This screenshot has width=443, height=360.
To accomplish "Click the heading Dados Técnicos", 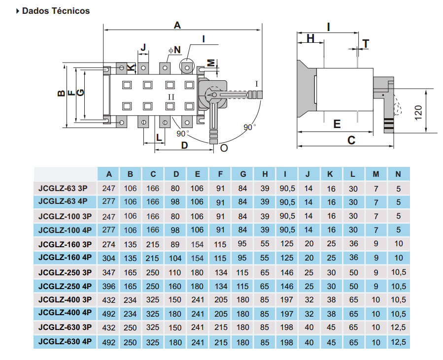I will (x=56, y=11).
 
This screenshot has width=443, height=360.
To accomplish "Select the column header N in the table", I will (x=398, y=174).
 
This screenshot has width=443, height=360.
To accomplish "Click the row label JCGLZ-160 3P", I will (x=65, y=244).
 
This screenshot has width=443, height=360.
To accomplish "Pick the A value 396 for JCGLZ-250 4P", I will (x=109, y=286).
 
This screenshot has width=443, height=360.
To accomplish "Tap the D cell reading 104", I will (x=176, y=258).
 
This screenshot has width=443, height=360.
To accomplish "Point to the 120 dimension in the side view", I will (x=419, y=112).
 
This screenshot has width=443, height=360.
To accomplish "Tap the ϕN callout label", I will (x=174, y=50).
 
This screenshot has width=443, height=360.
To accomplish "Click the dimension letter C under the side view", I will (x=351, y=141).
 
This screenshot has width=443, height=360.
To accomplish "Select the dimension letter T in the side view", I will (x=365, y=43).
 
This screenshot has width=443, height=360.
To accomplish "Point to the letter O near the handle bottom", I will (x=224, y=148).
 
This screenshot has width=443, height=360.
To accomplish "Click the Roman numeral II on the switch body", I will (x=170, y=96).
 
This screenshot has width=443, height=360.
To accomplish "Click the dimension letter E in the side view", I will (x=337, y=124).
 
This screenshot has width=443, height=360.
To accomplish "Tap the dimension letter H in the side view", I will (x=310, y=38).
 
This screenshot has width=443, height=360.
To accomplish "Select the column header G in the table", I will (x=243, y=174).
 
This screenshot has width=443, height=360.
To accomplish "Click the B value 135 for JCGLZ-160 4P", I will (x=131, y=258).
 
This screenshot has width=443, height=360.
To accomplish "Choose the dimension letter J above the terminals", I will (x=143, y=47).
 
